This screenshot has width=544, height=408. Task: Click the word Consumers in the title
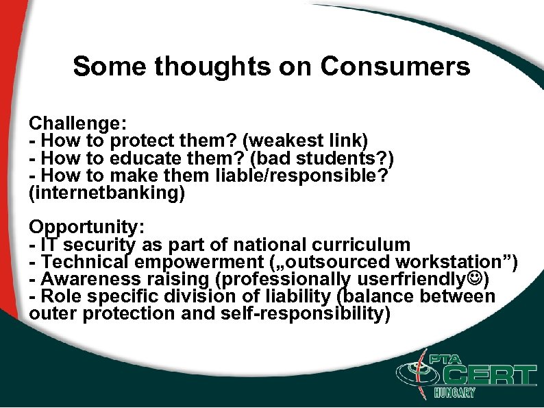395,67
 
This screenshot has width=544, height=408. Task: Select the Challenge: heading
77,124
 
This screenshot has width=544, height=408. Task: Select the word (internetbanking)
107,194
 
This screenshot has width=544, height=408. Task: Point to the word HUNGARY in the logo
454,394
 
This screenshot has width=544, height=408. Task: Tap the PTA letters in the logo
446,359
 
